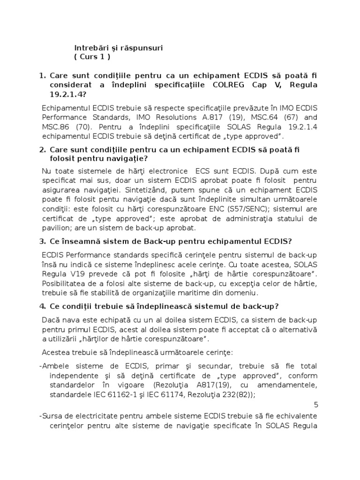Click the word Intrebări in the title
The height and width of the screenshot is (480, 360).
click(91, 48)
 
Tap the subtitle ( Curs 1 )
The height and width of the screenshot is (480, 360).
click(92, 57)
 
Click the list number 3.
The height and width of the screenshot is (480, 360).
click(42, 241)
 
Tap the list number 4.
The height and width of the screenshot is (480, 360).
click(42, 307)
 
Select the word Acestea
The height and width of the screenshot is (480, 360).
click(55, 352)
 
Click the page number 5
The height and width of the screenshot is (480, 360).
click(315, 405)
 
